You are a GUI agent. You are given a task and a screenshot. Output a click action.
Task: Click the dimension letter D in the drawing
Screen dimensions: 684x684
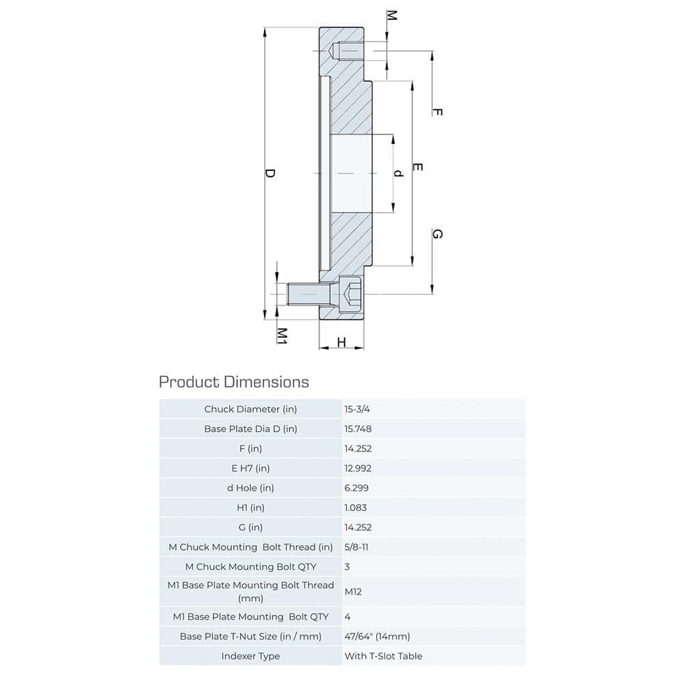point(269,174)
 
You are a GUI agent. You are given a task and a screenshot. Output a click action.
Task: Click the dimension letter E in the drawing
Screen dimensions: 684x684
point(418,167)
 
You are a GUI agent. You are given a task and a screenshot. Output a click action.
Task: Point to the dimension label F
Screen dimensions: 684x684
point(438,112)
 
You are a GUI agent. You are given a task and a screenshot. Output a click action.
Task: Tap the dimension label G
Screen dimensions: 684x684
point(438,234)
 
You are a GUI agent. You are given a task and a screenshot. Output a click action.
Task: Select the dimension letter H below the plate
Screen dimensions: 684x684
point(341,342)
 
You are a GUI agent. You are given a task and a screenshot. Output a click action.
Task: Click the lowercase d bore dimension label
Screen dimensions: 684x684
point(399,173)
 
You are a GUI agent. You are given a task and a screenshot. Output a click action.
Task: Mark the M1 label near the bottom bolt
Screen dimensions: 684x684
point(281,334)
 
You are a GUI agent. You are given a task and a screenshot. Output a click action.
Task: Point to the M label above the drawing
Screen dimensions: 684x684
point(391,15)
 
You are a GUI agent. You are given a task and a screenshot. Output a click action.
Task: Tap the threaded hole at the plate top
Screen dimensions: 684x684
point(345,51)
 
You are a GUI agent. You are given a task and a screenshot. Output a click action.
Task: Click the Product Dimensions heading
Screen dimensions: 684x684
point(234,382)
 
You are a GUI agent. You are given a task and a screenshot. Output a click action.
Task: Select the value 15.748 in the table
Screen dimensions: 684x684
point(358,429)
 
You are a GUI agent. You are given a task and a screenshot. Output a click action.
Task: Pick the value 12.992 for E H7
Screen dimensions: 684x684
point(358,469)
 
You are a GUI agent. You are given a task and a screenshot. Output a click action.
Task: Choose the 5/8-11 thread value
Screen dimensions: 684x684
point(358,547)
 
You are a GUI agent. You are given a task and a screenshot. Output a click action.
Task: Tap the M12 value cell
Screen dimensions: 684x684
point(353,592)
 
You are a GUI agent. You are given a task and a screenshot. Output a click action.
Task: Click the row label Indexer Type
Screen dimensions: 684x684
point(251,656)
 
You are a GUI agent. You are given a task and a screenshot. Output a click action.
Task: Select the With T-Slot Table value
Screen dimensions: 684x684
point(383,656)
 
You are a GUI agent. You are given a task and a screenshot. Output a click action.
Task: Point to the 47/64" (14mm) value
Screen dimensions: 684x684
point(377,636)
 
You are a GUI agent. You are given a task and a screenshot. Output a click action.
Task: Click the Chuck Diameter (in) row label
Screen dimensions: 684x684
point(251,409)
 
